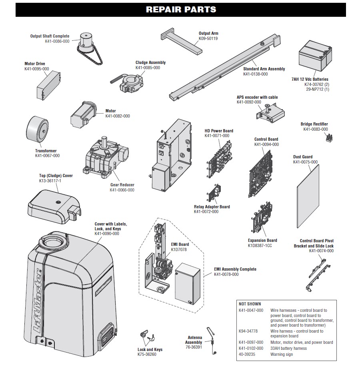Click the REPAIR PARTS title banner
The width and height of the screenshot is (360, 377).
(x=181, y=10)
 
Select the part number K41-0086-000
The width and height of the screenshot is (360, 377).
(x=57, y=41)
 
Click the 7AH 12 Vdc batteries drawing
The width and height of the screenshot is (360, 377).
(x=315, y=56)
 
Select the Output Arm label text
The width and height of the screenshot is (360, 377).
(x=208, y=34)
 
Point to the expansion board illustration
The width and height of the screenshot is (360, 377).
(x=262, y=219)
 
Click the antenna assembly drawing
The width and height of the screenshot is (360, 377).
(x=212, y=340)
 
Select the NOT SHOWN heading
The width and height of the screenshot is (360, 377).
(x=250, y=304)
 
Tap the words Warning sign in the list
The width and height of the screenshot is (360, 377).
(x=282, y=354)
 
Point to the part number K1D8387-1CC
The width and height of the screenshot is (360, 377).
(x=260, y=245)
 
